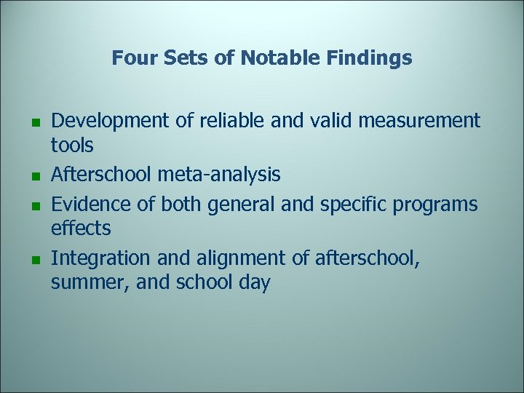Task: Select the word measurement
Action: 421,120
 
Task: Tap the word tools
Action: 72,146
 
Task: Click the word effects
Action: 81,229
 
